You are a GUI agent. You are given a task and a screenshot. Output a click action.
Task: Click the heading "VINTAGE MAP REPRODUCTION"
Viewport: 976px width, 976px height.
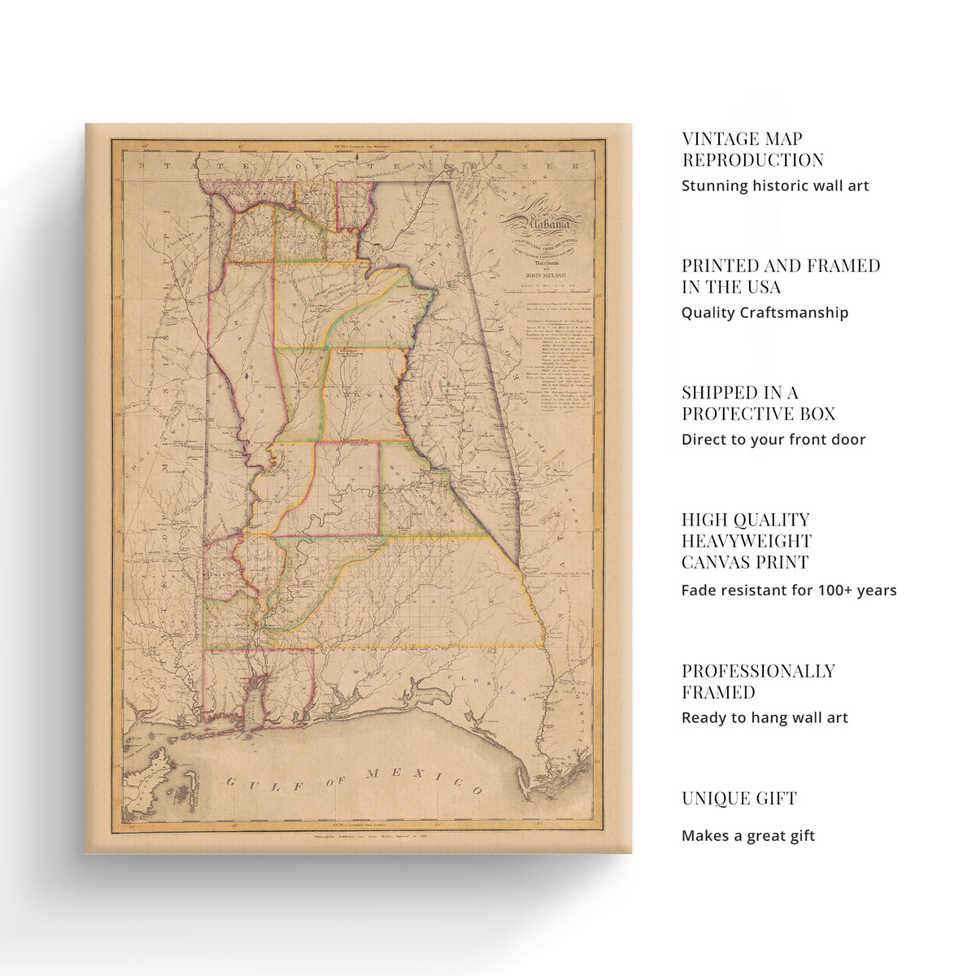(752, 150)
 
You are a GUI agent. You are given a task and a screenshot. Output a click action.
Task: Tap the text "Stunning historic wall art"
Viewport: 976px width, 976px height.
(775, 186)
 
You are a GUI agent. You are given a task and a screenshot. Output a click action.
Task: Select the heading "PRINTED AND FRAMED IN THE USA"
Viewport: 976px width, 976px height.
(780, 277)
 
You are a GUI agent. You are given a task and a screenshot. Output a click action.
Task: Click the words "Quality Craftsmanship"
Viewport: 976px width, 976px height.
(765, 313)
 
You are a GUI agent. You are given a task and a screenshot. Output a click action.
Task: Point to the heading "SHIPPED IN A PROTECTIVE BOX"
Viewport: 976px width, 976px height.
(758, 403)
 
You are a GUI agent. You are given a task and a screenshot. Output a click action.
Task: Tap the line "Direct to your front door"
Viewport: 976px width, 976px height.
(773, 440)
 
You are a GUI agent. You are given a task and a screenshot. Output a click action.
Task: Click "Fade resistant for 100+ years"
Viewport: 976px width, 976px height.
(788, 590)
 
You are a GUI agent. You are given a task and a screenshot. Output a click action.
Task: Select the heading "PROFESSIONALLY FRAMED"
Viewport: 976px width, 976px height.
(758, 682)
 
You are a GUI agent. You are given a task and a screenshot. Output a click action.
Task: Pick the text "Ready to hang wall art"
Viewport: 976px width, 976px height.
(765, 718)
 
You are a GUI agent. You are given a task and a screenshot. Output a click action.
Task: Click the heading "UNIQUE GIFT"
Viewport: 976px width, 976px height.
(739, 799)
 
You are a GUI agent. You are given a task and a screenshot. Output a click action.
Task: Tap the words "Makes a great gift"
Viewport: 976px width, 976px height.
(747, 836)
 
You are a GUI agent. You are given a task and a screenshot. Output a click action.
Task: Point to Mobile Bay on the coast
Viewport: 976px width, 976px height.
(254, 699)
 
